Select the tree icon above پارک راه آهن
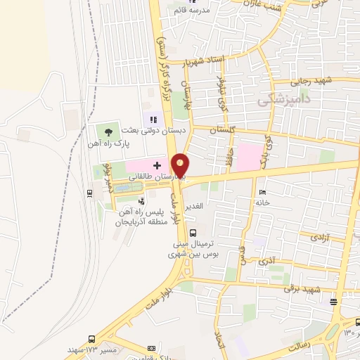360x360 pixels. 108,131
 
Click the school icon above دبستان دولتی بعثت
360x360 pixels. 153,119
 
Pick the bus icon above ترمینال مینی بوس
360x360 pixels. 193,233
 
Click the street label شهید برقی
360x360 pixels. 302,289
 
